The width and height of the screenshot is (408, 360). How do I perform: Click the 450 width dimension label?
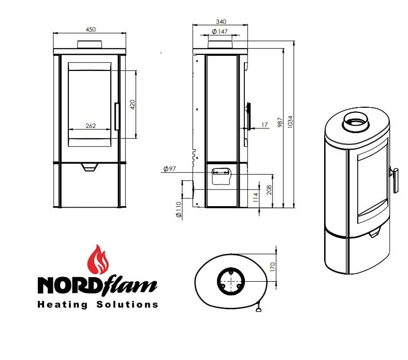click(x=91, y=30)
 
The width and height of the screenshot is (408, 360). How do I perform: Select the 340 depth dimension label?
click(x=221, y=22)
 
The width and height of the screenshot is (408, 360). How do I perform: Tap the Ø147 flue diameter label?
click(x=220, y=32)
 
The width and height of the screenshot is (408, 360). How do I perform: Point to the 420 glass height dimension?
click(x=133, y=105)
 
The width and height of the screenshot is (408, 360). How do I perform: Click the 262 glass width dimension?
click(x=91, y=126)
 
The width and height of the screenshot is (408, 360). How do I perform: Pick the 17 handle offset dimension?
click(x=265, y=125)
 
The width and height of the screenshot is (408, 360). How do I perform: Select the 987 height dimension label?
click(x=280, y=122)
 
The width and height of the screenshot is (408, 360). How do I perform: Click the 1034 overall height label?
click(x=290, y=122)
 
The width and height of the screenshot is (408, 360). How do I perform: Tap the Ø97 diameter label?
click(x=170, y=169)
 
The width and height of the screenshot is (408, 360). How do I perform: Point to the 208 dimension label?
click(x=269, y=190)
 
